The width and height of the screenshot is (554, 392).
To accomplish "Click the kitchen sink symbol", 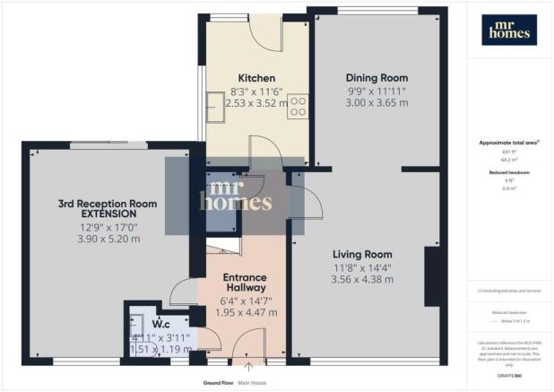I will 217,108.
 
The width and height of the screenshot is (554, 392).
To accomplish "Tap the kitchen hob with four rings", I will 299,108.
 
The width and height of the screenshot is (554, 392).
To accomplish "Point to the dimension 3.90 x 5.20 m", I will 108,240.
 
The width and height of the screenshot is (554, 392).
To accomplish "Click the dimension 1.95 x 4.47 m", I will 248,313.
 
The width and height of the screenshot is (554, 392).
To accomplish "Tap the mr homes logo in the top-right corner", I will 511,30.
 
